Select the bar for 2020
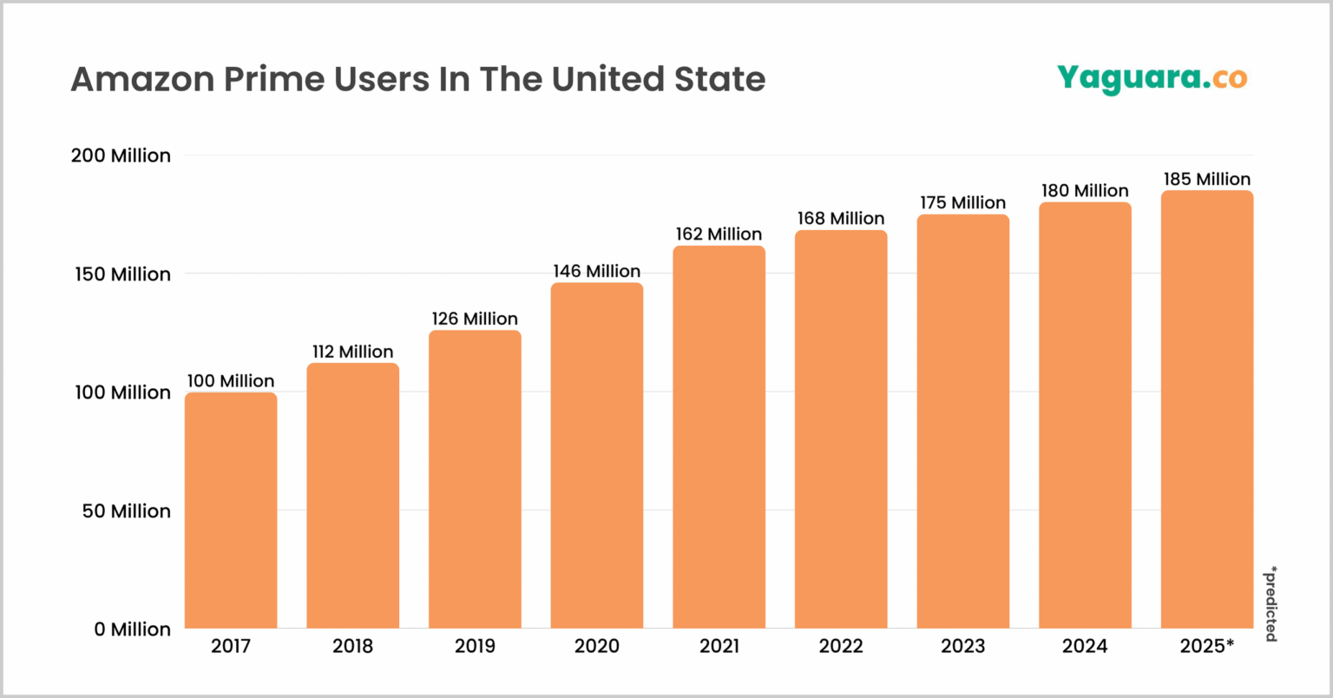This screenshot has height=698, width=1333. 597,456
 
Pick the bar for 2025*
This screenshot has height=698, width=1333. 1206,409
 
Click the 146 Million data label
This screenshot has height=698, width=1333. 597,272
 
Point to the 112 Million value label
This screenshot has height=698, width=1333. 353,352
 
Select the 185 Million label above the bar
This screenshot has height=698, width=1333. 1207,179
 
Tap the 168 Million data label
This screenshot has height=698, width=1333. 841,219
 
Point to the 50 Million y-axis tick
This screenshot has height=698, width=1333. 127,511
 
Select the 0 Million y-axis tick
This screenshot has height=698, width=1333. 133,629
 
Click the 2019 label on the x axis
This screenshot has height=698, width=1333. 475,647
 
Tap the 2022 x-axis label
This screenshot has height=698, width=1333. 841,647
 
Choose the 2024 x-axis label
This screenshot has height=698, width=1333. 1085,647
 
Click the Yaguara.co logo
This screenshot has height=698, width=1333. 1152,78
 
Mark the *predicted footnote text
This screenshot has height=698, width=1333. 1271,603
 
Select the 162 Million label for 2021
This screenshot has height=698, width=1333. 719,234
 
